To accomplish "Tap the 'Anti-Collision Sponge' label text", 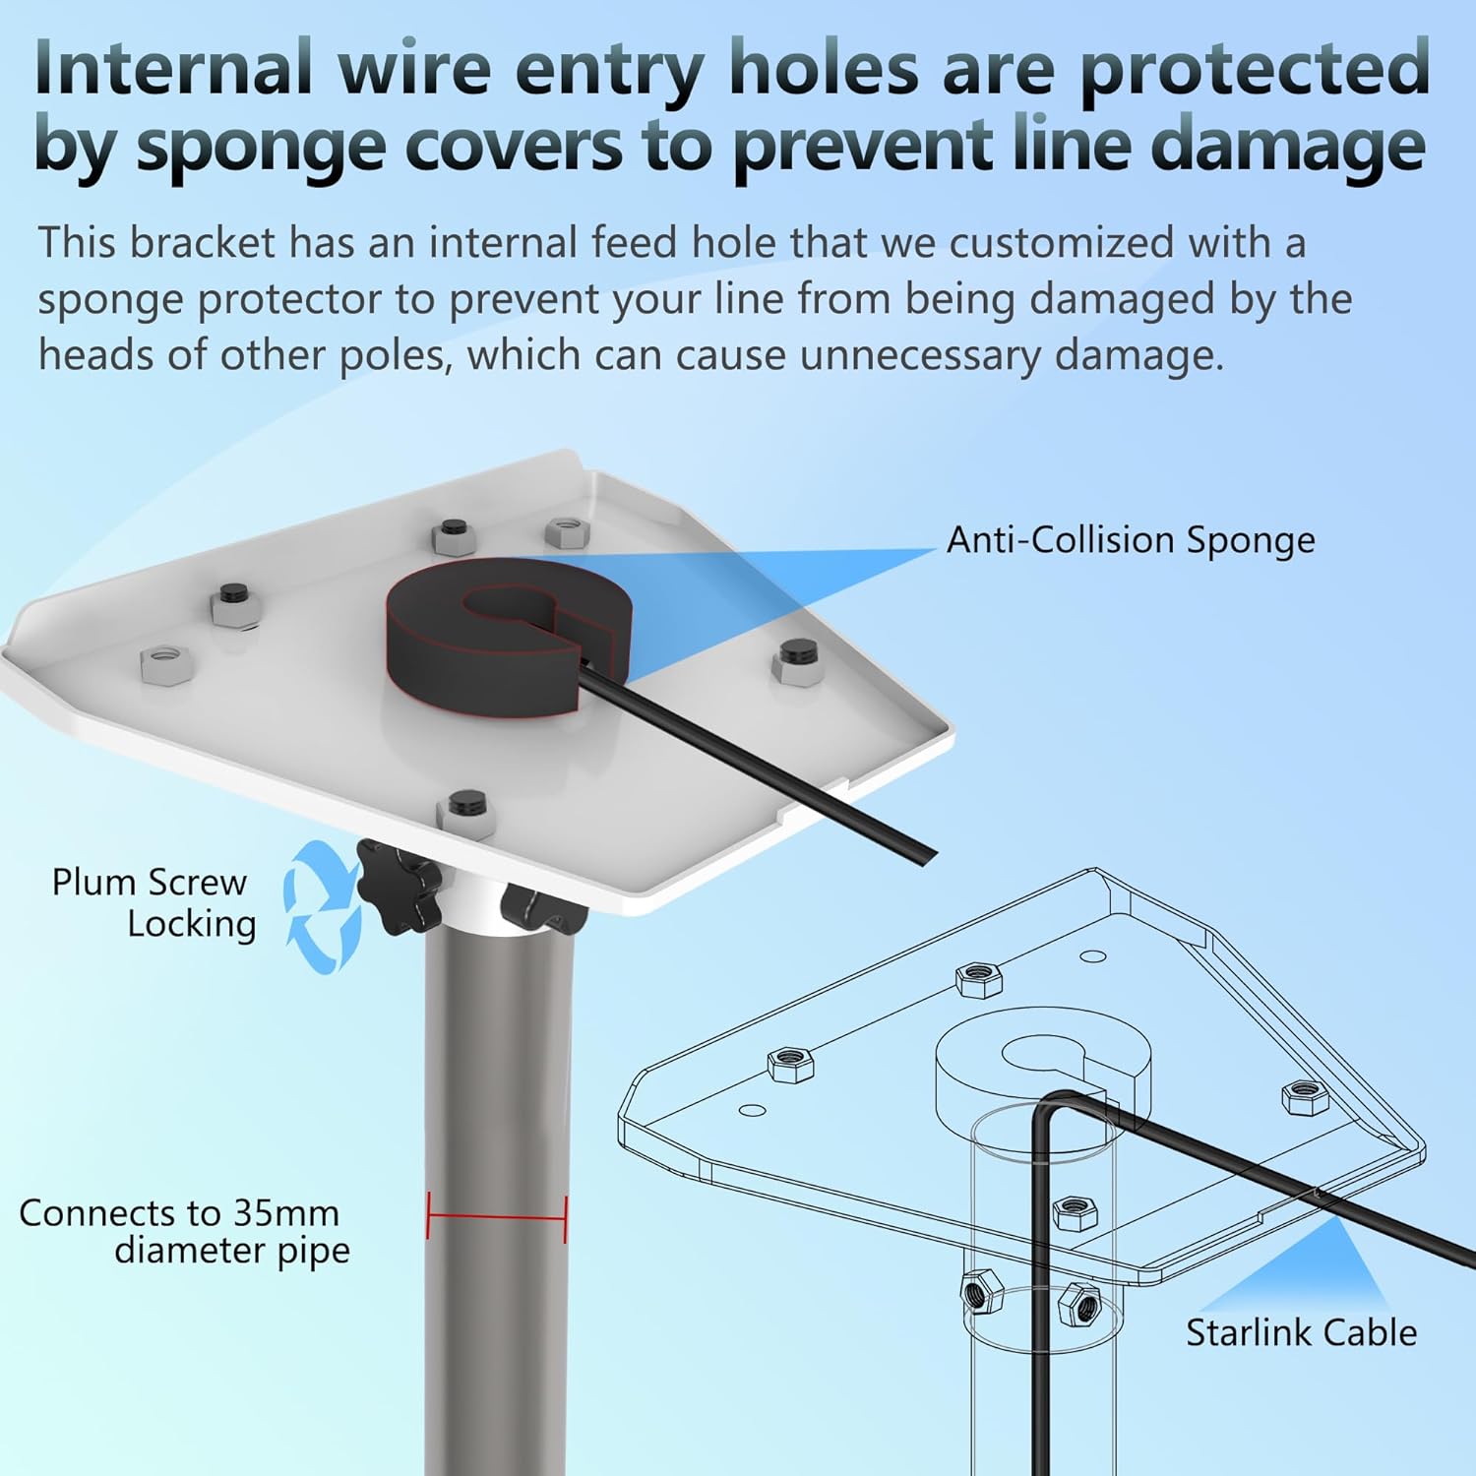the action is pyautogui.click(x=1131, y=540).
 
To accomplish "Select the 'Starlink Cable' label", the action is pyautogui.click(x=1301, y=1332).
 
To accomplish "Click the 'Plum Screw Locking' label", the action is pyautogui.click(x=154, y=902).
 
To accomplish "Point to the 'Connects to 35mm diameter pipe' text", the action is pyautogui.click(x=183, y=1231).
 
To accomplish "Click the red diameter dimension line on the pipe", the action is pyautogui.click(x=498, y=1217).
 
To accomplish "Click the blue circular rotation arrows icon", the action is pyautogui.click(x=320, y=907).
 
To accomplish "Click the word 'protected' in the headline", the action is pyautogui.click(x=1255, y=69).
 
